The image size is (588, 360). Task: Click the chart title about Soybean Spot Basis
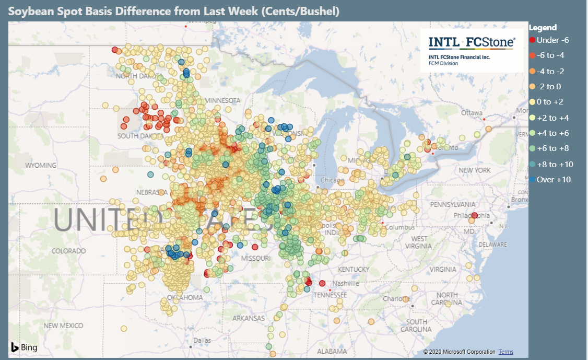coord(173,11)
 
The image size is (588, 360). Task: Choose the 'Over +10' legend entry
coord(550,180)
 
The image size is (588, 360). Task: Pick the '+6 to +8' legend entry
coord(550,148)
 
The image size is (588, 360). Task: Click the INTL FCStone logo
coord(472,50)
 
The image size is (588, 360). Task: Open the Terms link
coord(505,352)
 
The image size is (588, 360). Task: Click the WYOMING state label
coord(41,166)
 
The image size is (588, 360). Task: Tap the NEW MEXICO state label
coord(63,326)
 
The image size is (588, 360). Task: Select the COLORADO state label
coord(68,251)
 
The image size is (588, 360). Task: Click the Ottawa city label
coord(472,113)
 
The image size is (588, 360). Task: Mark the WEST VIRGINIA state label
coord(419,242)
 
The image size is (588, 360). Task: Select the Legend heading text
coord(543,28)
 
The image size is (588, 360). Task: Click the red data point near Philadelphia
coord(474,215)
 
